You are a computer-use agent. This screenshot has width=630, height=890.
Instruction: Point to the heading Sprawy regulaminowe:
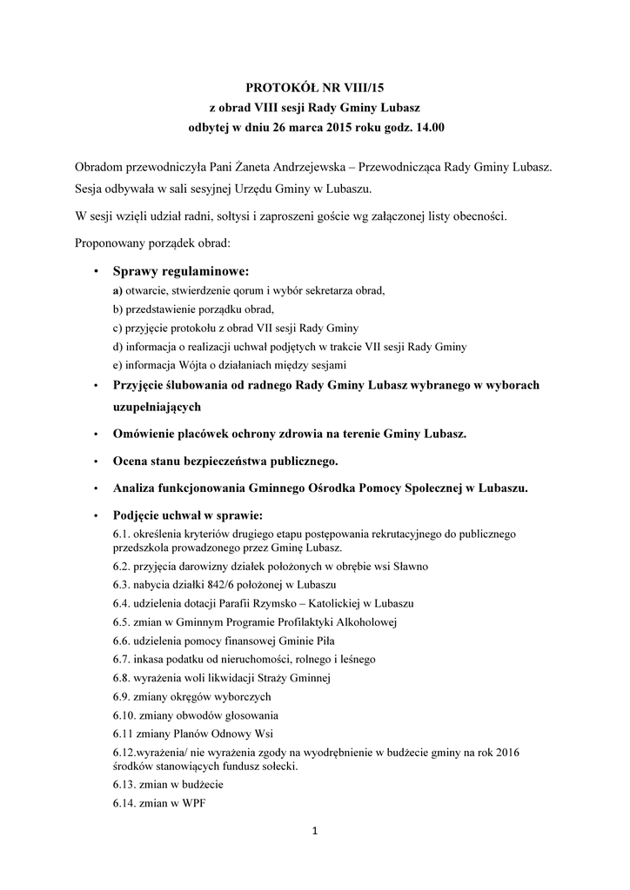[180, 272]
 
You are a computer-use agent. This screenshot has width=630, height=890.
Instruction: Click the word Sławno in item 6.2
[384, 566]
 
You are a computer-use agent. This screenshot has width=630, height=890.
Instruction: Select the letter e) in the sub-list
[118, 364]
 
